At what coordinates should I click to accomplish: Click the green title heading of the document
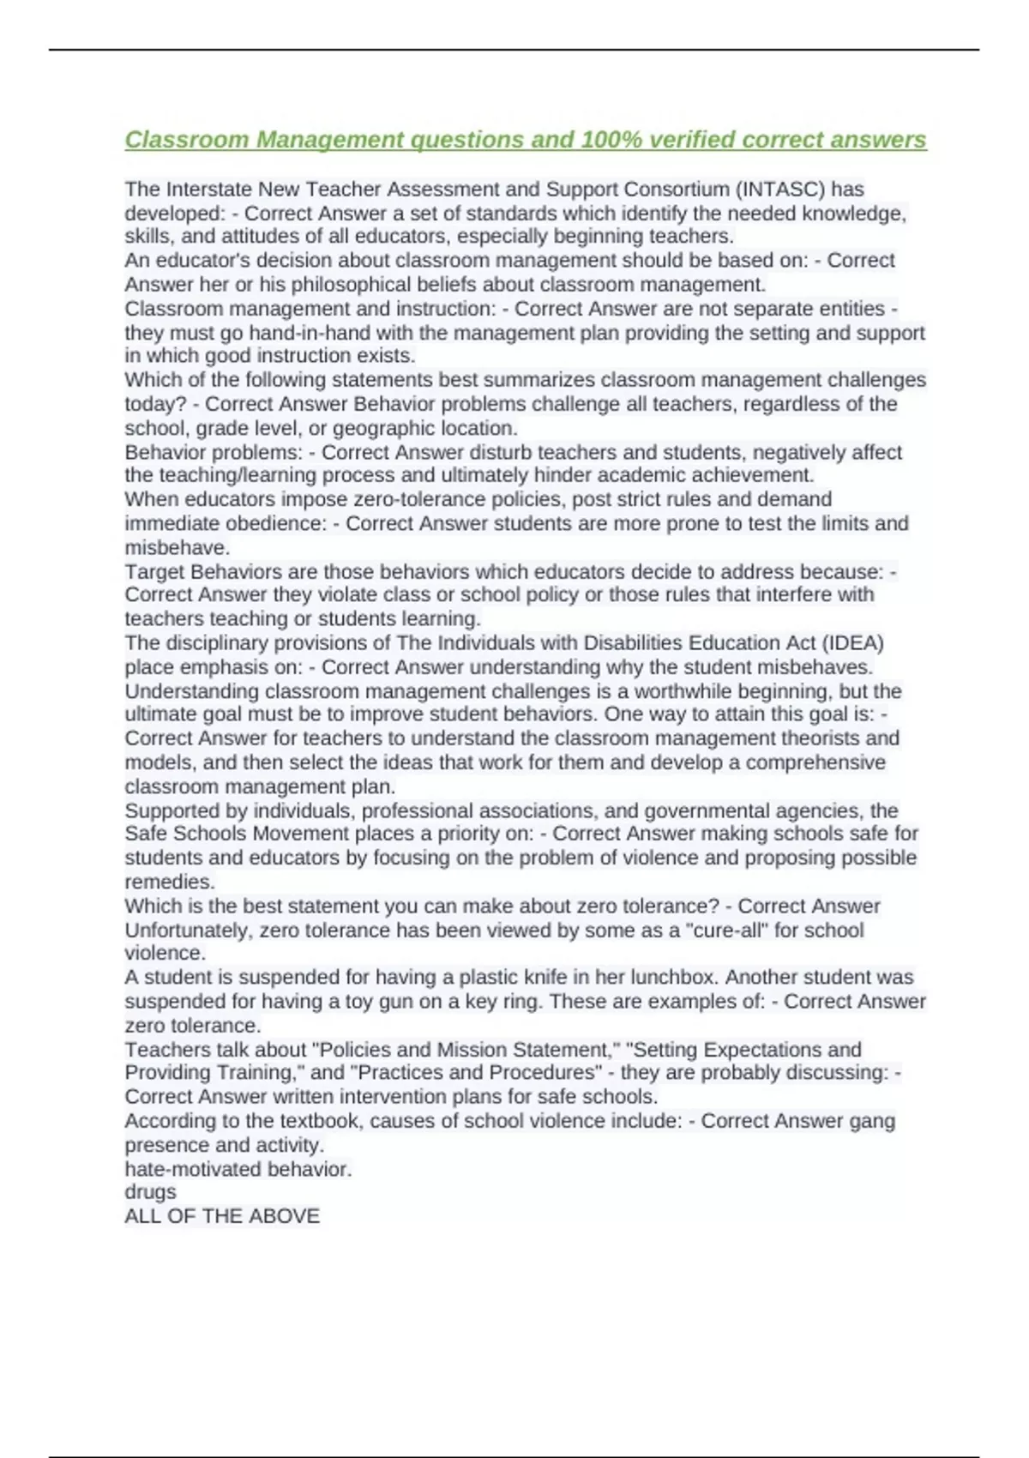click(x=525, y=139)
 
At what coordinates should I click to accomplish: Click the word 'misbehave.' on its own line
click(x=178, y=547)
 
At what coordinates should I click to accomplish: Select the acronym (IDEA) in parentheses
click(x=853, y=642)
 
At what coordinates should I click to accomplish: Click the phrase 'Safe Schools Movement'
click(x=235, y=834)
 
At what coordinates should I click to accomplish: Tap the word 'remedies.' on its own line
click(x=170, y=882)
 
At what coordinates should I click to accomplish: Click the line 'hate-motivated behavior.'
click(x=238, y=1169)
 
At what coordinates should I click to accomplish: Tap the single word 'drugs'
click(x=151, y=1191)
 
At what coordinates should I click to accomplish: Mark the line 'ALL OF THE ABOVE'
click(x=222, y=1215)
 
